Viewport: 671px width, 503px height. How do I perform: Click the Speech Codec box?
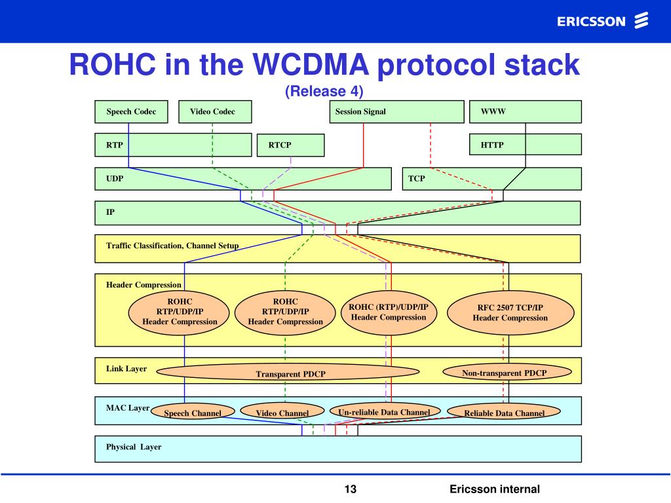tap(131, 111)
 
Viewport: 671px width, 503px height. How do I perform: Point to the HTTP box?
tap(526, 144)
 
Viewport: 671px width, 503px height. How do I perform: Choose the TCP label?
tap(417, 178)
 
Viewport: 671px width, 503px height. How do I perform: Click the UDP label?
tap(115, 178)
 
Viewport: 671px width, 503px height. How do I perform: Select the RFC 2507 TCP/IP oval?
tap(510, 312)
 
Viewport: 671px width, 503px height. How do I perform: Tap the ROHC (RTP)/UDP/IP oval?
tap(389, 312)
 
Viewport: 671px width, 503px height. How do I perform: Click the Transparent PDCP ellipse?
tap(288, 373)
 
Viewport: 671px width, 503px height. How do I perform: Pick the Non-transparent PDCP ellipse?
tap(504, 372)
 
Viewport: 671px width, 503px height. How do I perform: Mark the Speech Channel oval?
tap(192, 413)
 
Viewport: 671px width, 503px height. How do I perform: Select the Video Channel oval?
tap(282, 413)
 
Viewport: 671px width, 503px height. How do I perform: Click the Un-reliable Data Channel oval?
tap(384, 412)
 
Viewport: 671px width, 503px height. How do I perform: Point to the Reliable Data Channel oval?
tap(504, 413)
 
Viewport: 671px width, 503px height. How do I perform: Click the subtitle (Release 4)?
tap(324, 91)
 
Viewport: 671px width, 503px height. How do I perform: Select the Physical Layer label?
tap(134, 447)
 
